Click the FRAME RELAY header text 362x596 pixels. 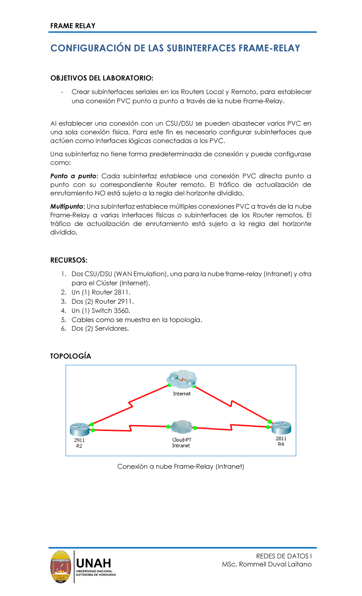coord(73,26)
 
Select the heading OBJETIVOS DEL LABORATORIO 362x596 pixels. coord(102,78)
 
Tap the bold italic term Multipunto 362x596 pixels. coord(66,207)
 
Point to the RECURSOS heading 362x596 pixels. coord(69,260)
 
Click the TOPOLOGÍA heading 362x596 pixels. coord(71,356)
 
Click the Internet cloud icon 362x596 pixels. coord(182,379)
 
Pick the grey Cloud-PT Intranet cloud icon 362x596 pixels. coord(181,427)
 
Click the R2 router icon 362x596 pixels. coord(80,429)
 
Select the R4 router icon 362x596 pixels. coord(281,428)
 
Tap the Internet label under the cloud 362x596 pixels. coord(182,394)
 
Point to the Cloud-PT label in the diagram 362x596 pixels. coord(182,440)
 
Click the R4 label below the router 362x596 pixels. coord(281,444)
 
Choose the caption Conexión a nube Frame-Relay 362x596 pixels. coord(180,467)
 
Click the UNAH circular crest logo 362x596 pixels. coord(61,567)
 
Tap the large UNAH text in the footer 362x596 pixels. coord(94,563)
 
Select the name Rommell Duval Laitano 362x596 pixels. coord(275,564)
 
